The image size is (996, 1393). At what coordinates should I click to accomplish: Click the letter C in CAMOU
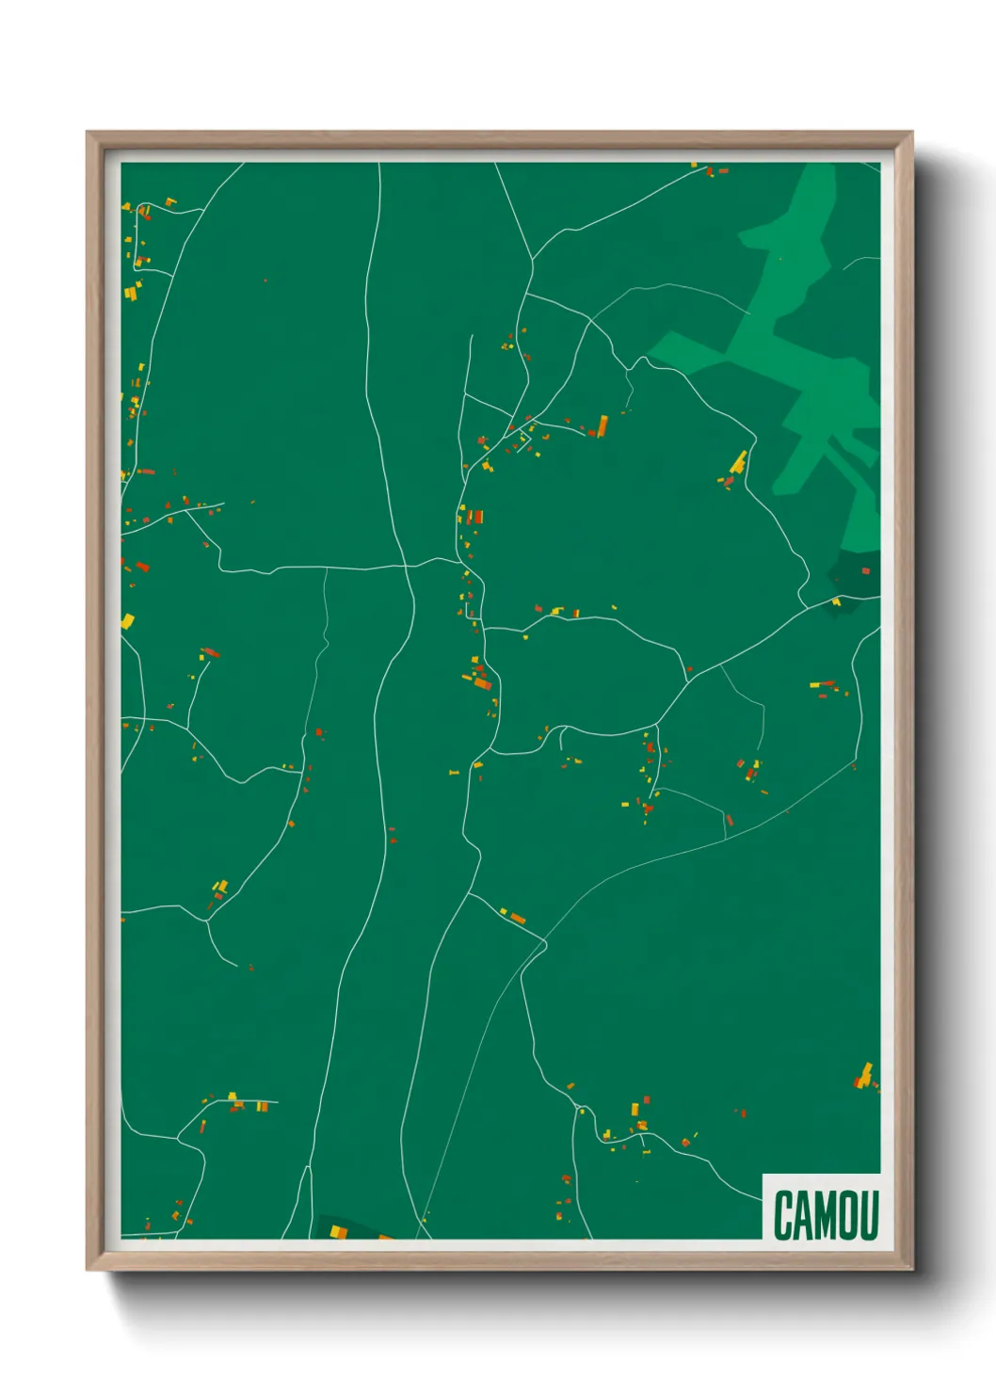pos(783,1215)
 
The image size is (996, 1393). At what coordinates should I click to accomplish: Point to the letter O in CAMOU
pos(850,1215)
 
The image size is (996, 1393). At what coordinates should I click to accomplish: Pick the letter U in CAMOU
pos(870,1215)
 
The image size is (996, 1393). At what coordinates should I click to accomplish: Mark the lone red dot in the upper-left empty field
pos(265,280)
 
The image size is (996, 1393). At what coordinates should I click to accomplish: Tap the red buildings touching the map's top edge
pos(717,171)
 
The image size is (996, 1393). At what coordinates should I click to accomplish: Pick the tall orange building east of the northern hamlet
pos(602,426)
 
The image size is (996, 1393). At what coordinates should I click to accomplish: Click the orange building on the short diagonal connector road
pos(516,918)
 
